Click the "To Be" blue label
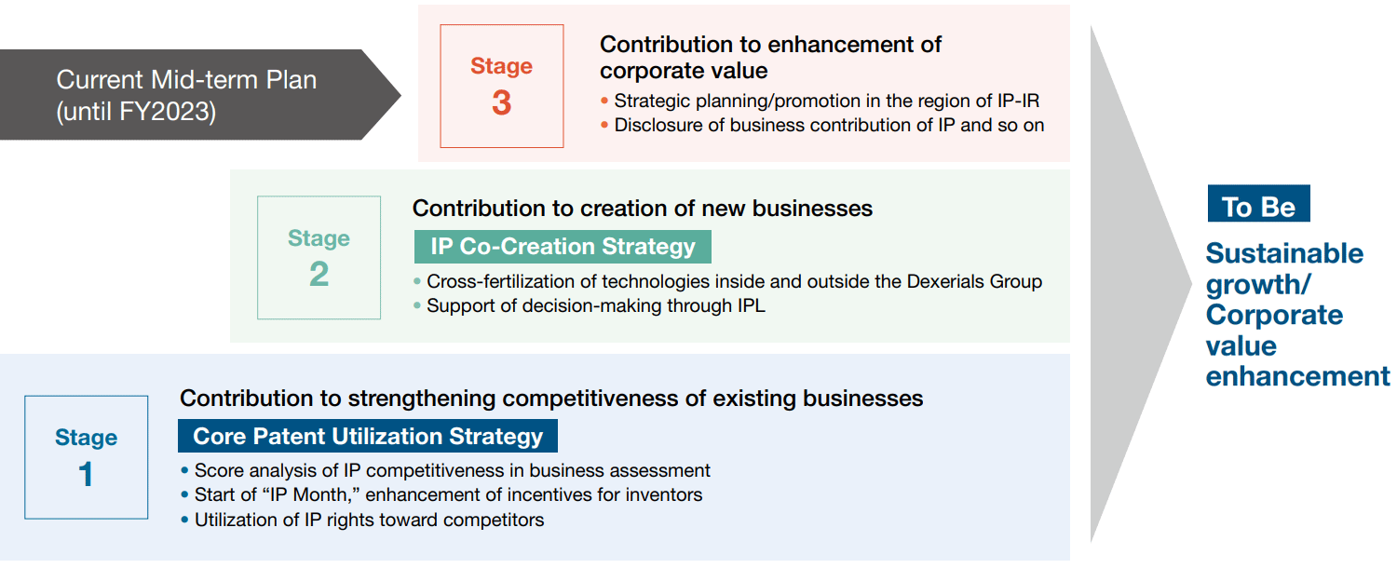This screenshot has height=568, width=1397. (1258, 203)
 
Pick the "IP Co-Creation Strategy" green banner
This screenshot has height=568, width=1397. (563, 247)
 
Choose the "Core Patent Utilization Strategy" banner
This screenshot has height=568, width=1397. (368, 436)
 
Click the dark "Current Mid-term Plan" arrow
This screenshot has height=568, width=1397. (199, 95)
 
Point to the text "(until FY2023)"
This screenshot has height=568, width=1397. (136, 112)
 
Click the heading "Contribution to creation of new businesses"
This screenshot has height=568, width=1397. (643, 209)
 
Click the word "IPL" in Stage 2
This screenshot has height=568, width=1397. (751, 305)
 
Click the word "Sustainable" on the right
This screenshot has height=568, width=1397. (1284, 254)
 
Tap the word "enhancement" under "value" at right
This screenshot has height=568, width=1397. (1298, 376)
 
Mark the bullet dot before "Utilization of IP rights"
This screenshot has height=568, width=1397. (184, 520)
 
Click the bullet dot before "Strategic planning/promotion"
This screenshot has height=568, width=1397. (604, 101)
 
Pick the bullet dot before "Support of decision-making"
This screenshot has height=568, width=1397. (417, 305)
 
